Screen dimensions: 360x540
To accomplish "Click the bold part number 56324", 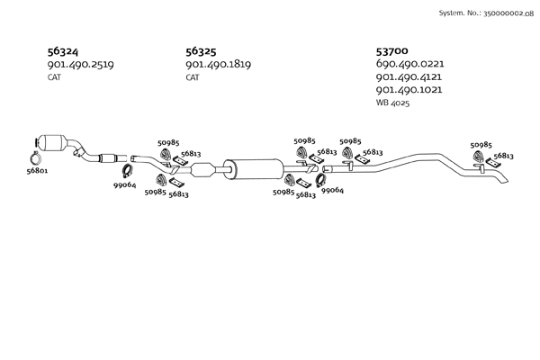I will point(65,51).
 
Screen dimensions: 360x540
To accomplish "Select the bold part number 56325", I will point(203,51).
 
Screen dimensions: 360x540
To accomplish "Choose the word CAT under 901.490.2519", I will point(54,78).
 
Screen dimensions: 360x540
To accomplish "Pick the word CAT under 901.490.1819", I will point(192,78).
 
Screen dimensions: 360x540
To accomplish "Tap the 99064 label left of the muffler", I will point(124,185).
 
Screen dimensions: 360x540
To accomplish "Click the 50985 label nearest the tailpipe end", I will point(481,145).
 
